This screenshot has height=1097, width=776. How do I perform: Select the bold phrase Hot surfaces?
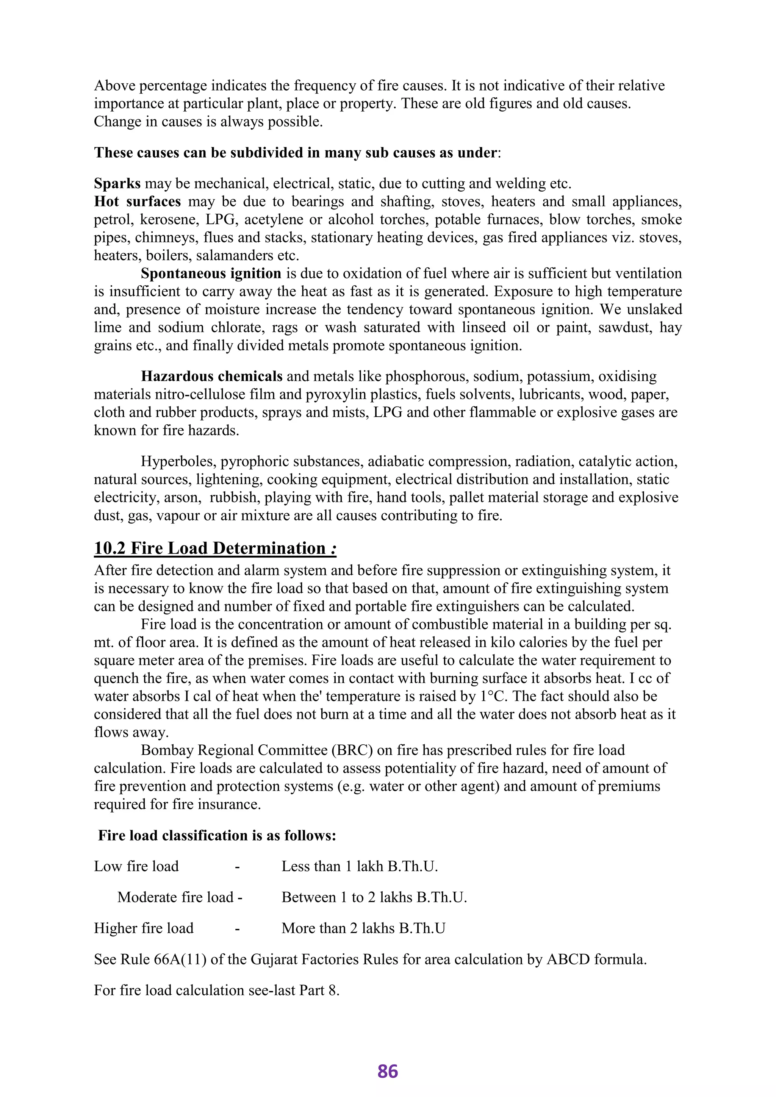137,202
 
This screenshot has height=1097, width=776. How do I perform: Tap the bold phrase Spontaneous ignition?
211,274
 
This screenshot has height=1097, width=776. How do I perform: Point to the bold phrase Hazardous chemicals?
212,377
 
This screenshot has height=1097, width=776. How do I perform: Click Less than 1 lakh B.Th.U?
359,866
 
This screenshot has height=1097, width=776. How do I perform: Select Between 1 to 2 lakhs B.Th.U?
374,897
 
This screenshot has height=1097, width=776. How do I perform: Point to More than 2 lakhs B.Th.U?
363,928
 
